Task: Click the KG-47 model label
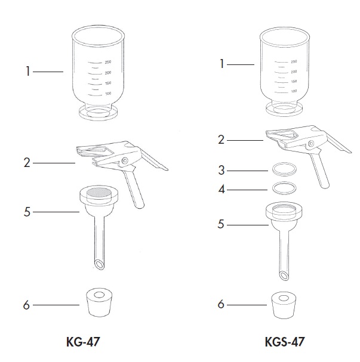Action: coord(83,342)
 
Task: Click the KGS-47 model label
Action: coord(285,342)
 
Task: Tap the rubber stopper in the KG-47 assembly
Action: coord(99,302)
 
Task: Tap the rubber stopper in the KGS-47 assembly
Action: coord(284,305)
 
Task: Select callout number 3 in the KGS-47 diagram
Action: coord(221,171)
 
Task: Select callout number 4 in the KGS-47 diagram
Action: coord(221,189)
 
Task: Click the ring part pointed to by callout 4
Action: coord(284,188)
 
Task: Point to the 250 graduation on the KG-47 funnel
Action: coord(108,62)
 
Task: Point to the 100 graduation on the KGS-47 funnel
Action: coord(294,91)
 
